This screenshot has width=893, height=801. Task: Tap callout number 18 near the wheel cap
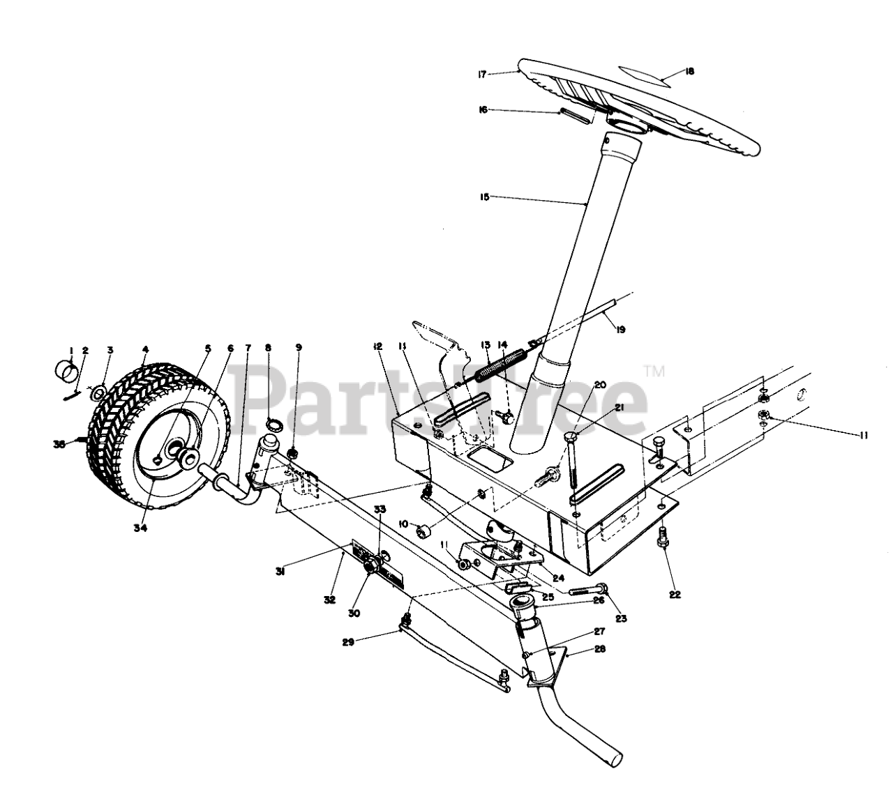click(x=690, y=70)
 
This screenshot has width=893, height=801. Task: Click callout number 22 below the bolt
click(x=674, y=595)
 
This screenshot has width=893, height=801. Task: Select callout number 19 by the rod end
click(x=620, y=330)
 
